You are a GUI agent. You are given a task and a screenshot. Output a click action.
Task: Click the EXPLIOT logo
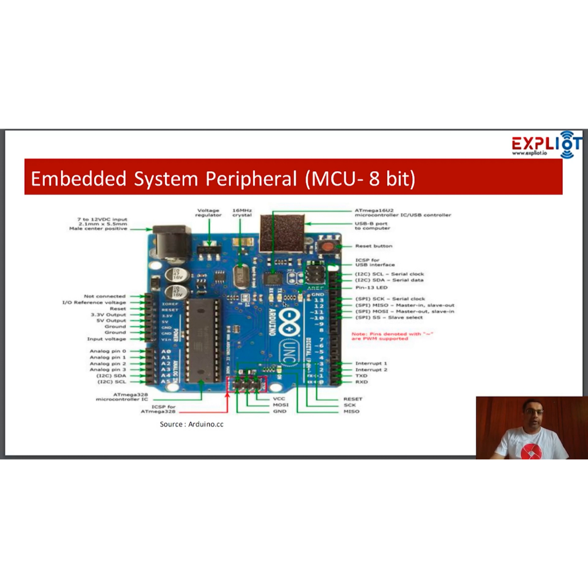click(546, 144)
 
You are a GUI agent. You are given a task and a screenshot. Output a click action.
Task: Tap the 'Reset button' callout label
click(374, 246)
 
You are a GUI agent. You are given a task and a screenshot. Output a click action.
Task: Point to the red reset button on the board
click(327, 246)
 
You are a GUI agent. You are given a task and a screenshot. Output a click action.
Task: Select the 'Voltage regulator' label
click(208, 212)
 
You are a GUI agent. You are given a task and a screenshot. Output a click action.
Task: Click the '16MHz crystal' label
click(242, 212)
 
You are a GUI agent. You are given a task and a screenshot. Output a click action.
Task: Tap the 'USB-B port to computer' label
click(371, 226)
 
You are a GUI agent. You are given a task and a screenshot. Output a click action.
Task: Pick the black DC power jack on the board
click(172, 241)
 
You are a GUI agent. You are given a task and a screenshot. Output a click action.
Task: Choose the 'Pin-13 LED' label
click(371, 287)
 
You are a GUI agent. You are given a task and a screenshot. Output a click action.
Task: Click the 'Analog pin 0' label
click(107, 351)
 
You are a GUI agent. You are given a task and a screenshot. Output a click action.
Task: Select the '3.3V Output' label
click(108, 315)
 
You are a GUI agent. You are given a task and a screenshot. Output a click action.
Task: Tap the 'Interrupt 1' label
click(371, 363)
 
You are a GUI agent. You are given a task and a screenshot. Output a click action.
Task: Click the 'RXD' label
click(361, 382)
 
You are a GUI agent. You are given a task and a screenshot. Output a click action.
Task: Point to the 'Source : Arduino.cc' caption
click(191, 424)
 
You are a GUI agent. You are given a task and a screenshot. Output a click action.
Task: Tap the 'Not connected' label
click(105, 296)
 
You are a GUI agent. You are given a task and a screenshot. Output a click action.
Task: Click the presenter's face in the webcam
click(532, 415)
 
